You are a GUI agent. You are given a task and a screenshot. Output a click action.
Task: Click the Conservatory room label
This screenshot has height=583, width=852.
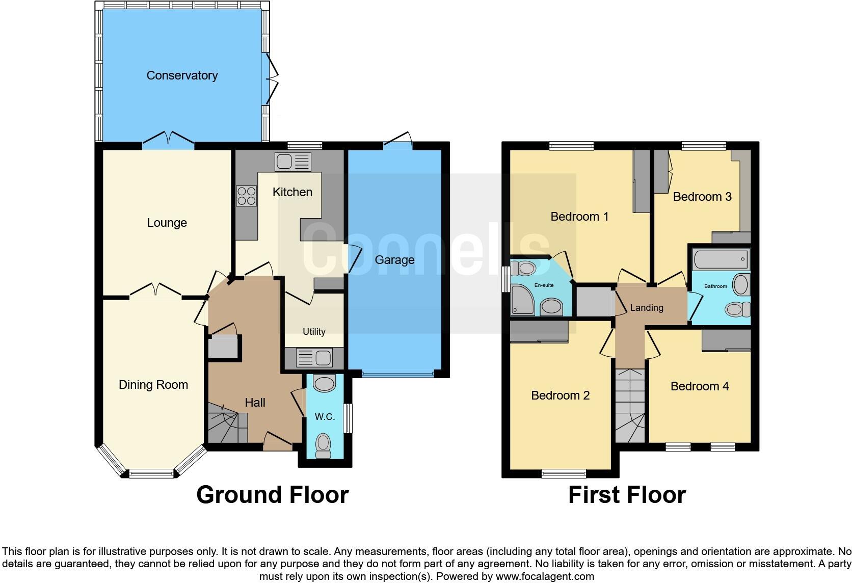(182, 75)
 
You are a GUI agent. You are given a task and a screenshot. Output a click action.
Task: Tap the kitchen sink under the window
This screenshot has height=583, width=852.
(292, 162)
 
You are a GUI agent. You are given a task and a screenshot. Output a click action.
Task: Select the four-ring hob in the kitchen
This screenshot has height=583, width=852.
(246, 196)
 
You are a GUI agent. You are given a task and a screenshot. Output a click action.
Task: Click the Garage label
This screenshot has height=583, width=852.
(394, 260)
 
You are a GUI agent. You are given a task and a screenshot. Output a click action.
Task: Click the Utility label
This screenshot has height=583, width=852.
(314, 332)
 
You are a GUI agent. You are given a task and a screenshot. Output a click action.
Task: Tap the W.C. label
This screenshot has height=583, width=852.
(325, 417)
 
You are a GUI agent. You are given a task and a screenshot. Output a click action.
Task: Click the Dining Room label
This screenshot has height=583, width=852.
(153, 385)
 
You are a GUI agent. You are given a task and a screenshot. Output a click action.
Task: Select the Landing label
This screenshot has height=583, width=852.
(647, 308)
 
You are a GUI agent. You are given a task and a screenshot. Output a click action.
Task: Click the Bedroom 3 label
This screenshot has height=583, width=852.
(702, 197)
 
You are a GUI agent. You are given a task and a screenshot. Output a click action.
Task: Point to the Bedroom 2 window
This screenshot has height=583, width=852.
(564, 473)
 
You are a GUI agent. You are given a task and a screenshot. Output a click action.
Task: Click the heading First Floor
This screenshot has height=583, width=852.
(627, 495)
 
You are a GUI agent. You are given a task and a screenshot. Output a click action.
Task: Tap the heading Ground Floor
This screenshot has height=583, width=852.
(272, 495)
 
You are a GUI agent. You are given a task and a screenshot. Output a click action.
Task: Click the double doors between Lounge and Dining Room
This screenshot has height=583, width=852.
(155, 292)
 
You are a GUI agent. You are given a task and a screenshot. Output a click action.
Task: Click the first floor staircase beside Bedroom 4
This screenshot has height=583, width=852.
(630, 406)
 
